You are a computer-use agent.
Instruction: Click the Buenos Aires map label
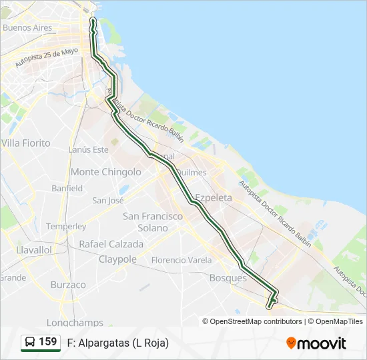click(27, 28)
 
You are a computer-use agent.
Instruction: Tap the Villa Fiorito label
click(26, 143)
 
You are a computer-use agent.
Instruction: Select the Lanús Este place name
click(88, 150)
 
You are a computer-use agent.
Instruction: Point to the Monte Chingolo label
click(106, 172)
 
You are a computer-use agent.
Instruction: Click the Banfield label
click(67, 189)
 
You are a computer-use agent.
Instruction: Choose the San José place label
click(108, 200)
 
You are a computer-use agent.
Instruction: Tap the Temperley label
click(66, 227)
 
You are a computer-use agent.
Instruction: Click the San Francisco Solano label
click(153, 222)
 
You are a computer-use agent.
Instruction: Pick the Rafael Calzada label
click(111, 244)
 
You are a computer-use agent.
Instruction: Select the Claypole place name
click(117, 259)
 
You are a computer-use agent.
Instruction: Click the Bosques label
click(228, 278)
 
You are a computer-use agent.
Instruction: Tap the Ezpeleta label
click(214, 198)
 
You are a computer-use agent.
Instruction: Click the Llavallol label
click(33, 249)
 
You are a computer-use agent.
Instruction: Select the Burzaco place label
click(68, 285)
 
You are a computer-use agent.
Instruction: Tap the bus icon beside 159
click(30, 343)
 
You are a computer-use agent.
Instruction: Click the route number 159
click(48, 342)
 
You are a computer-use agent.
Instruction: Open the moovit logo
click(316, 343)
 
